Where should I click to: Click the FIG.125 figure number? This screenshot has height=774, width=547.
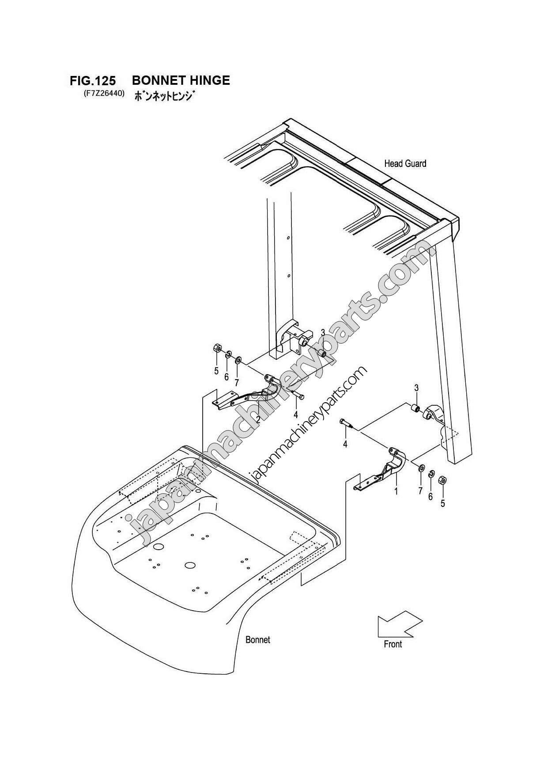(x=93, y=81)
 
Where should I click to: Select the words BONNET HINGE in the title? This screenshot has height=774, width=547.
(x=181, y=80)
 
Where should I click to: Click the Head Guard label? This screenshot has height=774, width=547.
(x=405, y=164)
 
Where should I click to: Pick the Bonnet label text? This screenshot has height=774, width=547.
(x=257, y=639)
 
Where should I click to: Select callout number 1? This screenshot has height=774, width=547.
(x=396, y=490)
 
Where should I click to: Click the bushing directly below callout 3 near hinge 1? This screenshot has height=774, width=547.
(x=415, y=408)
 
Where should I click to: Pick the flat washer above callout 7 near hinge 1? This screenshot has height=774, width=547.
(x=421, y=468)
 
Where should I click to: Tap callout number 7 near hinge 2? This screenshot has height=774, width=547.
(x=237, y=381)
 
